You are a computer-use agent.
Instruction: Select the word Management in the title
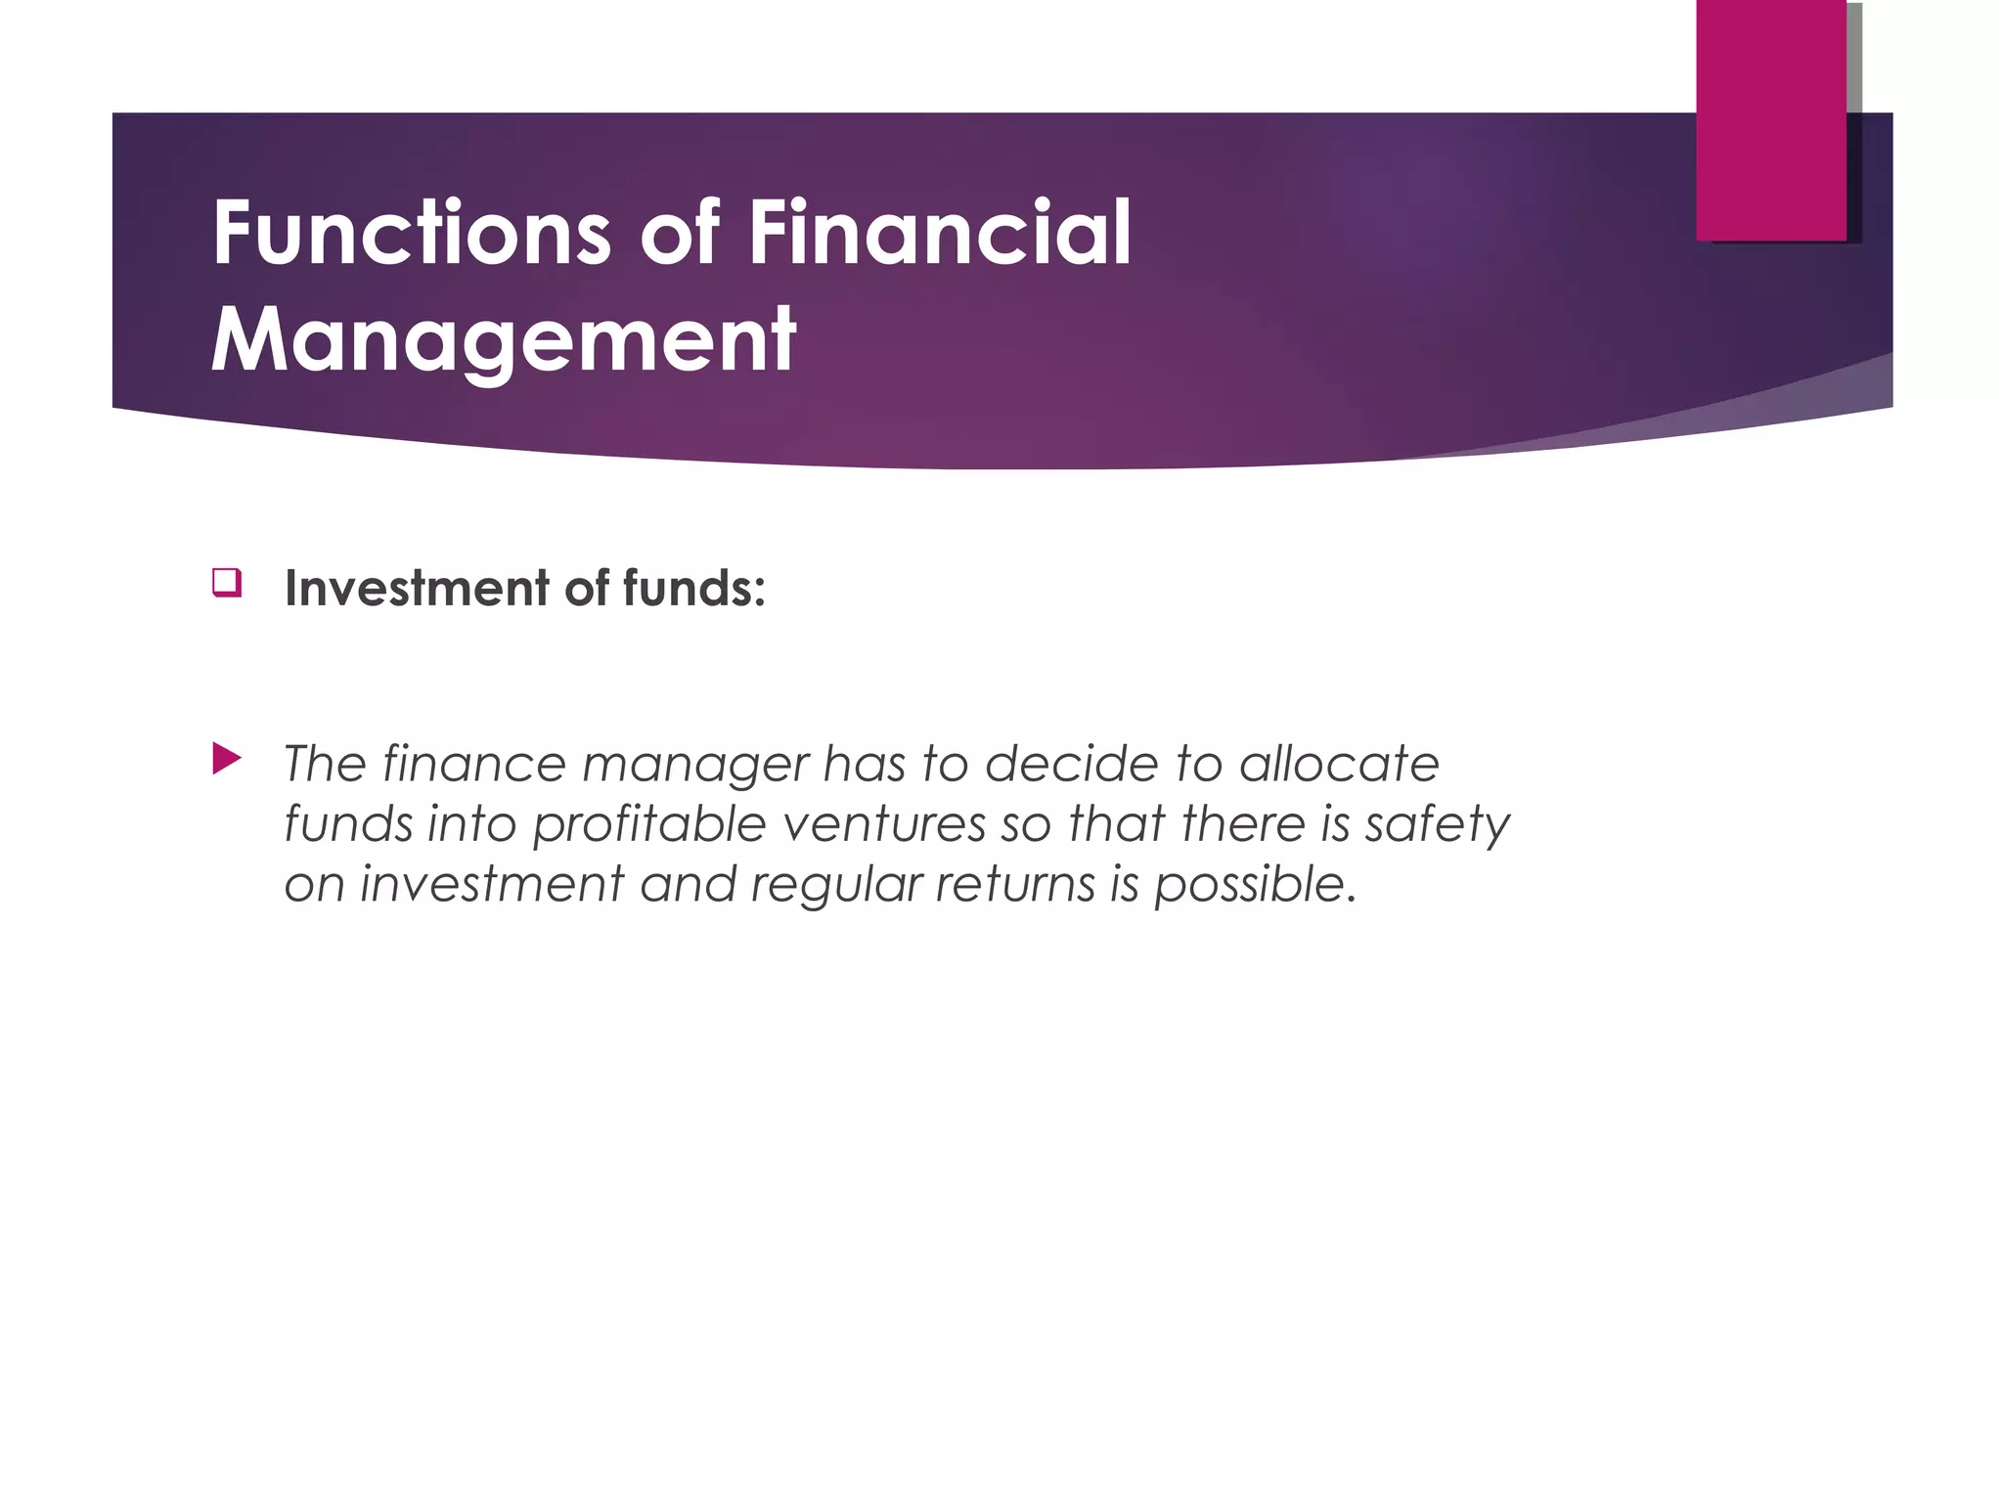click(x=504, y=340)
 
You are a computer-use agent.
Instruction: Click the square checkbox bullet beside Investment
click(x=226, y=583)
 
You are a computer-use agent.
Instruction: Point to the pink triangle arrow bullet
click(x=226, y=759)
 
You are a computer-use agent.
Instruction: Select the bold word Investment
click(x=417, y=589)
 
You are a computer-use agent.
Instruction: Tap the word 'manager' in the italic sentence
click(x=696, y=765)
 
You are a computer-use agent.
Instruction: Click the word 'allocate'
click(x=1339, y=764)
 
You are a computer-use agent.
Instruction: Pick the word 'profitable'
click(x=648, y=824)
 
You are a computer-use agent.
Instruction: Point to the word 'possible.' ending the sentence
click(x=1256, y=885)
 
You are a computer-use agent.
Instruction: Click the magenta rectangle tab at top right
click(x=1771, y=119)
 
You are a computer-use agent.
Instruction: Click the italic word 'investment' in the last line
click(x=492, y=885)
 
